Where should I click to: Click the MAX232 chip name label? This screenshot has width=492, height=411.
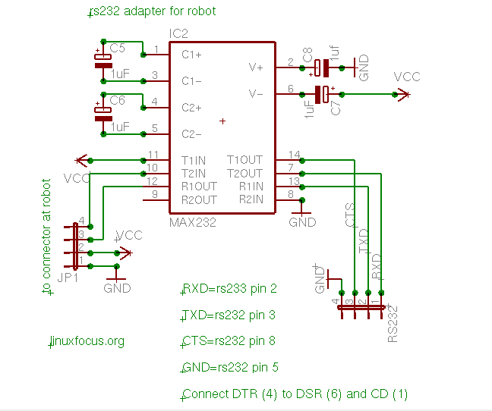click(x=193, y=223)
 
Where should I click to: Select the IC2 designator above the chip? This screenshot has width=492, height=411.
click(x=178, y=34)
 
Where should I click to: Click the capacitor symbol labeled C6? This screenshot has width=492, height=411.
click(x=102, y=113)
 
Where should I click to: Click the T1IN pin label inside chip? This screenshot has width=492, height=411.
click(x=194, y=160)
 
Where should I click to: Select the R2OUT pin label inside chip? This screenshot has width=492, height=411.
click(x=199, y=200)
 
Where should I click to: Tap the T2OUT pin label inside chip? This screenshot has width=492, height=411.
click(x=244, y=174)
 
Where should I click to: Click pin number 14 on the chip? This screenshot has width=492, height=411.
click(x=295, y=155)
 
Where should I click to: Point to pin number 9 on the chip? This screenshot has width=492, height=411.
click(x=155, y=195)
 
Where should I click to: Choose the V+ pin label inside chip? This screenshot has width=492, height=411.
click(x=256, y=67)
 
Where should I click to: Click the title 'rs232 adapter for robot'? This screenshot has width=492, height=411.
click(x=153, y=11)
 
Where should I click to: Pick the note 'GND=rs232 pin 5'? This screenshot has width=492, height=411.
click(x=231, y=368)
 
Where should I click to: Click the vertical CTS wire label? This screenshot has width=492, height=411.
click(x=350, y=215)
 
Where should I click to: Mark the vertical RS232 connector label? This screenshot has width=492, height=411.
click(x=393, y=323)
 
